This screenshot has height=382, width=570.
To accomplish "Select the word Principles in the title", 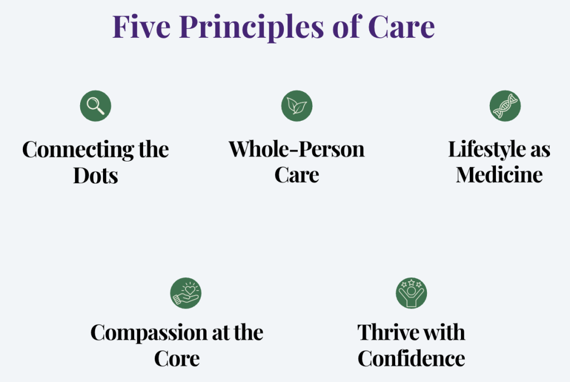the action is (x=251, y=28).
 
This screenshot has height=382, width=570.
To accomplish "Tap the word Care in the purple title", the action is (x=401, y=27).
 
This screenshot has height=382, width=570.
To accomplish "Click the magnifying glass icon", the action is (x=96, y=106).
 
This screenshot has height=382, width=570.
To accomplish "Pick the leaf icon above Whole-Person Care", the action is (x=297, y=106).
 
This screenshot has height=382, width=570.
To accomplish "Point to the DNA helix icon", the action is (x=505, y=106).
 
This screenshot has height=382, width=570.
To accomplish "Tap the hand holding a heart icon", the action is (x=186, y=293).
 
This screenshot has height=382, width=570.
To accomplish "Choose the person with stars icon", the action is (x=411, y=293).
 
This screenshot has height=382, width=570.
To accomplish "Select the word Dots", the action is (x=96, y=176).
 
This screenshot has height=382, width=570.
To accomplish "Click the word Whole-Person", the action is (x=296, y=150).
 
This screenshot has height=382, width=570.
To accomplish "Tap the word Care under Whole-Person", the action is (x=297, y=175).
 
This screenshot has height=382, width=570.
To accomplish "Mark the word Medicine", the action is (x=499, y=175).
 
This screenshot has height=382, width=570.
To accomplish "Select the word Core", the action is (x=176, y=359).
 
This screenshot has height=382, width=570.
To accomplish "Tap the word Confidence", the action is (x=411, y=359).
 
